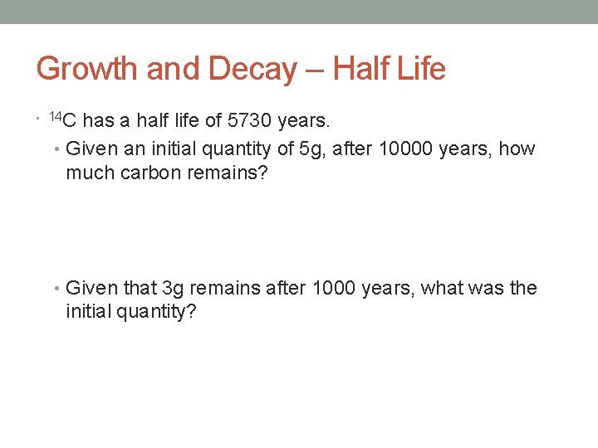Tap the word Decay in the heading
(x=252, y=69)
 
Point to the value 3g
(x=174, y=288)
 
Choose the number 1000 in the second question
(x=332, y=288)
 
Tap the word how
(x=517, y=149)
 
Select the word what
(x=446, y=288)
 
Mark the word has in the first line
(x=100, y=121)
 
